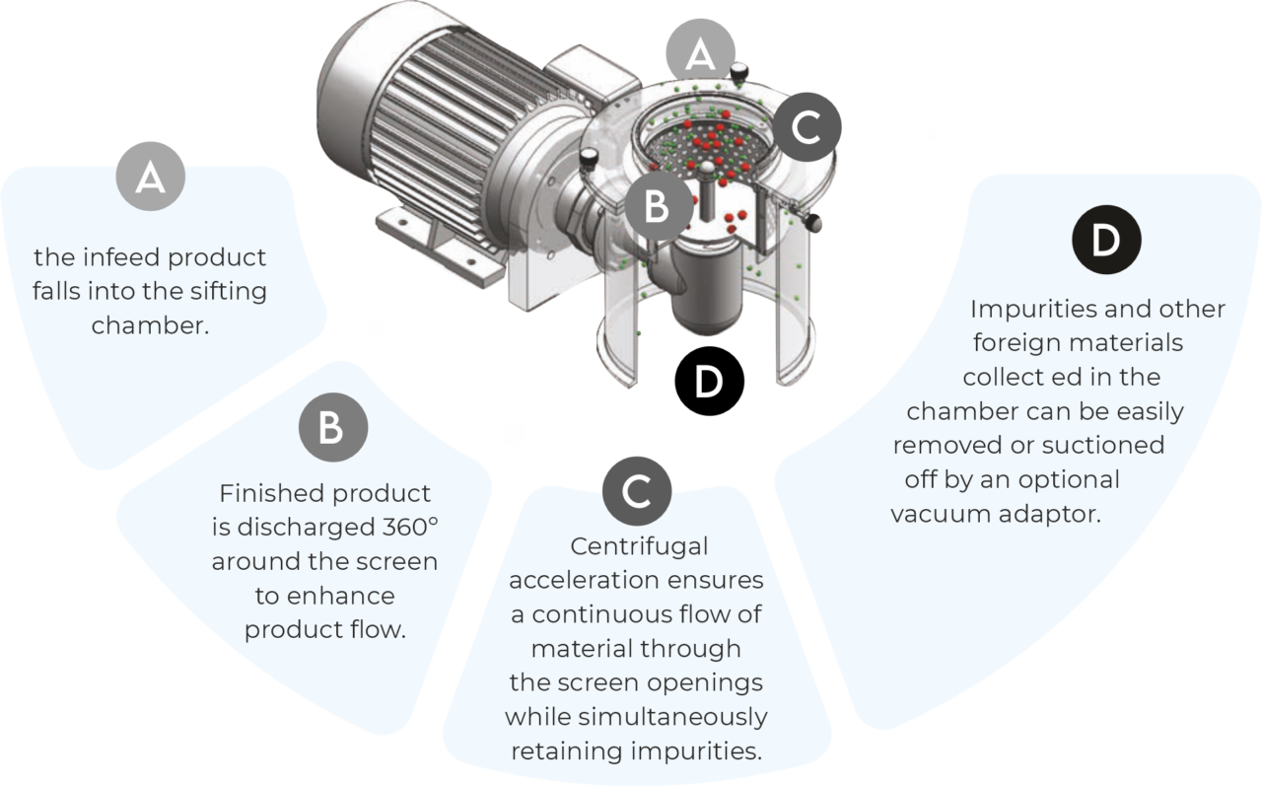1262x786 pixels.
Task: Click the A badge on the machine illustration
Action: (x=700, y=53)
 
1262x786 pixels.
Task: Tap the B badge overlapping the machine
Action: (x=659, y=206)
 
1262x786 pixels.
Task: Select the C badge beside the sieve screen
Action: (x=806, y=127)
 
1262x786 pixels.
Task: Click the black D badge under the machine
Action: (x=709, y=381)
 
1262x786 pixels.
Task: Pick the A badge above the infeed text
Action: (x=151, y=177)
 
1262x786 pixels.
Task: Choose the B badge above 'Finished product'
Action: (x=333, y=427)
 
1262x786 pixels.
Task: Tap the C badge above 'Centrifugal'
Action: (x=637, y=491)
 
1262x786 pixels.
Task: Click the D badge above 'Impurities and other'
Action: (x=1106, y=240)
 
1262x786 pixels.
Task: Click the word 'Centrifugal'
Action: (x=639, y=547)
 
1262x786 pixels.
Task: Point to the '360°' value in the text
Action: (x=409, y=528)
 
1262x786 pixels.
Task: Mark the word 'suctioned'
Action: (x=1103, y=445)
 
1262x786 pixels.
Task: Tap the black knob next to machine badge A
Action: (x=739, y=73)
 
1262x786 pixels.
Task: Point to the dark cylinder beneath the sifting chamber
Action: (x=707, y=290)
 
